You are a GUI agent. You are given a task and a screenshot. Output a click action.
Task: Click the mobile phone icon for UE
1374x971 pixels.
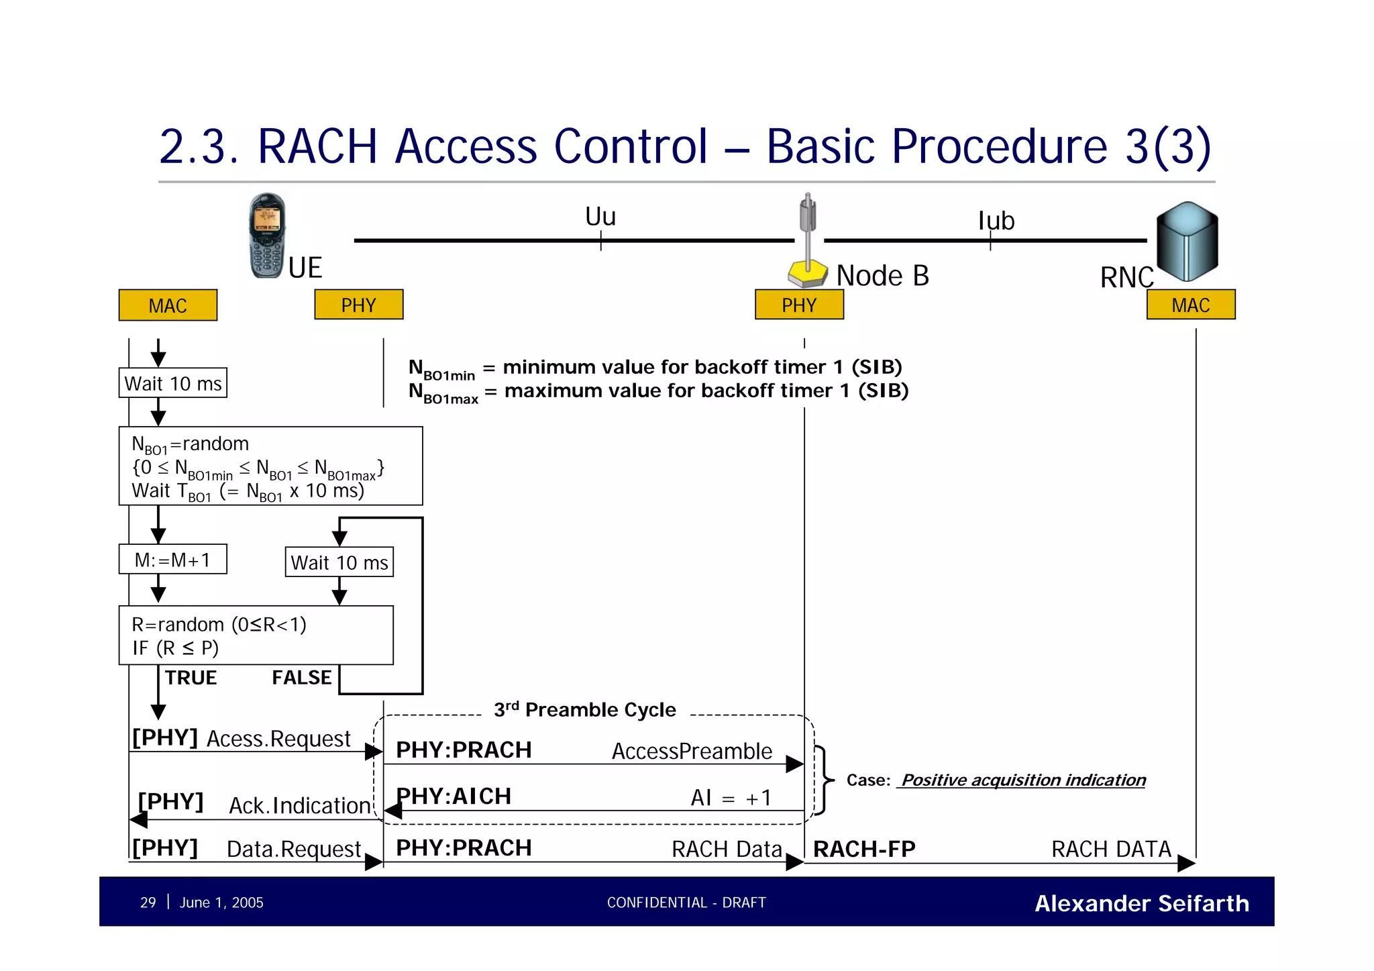[267, 236]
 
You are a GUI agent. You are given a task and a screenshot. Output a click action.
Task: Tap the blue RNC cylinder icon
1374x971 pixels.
[1187, 242]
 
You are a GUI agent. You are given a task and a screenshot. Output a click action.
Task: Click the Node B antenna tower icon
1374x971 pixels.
[808, 242]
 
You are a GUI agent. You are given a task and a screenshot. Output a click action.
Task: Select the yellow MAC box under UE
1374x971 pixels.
[168, 305]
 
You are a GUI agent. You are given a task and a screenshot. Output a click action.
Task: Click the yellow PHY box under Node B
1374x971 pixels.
[798, 305]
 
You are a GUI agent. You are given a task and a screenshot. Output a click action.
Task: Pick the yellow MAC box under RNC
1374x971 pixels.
[1190, 305]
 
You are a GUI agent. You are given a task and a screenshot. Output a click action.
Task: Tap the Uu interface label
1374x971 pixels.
[600, 217]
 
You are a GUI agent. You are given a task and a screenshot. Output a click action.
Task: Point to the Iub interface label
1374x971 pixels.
[996, 221]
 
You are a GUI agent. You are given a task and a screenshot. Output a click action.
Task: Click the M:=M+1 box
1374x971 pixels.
[172, 559]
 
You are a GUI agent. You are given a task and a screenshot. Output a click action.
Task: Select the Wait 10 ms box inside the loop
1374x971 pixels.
[339, 562]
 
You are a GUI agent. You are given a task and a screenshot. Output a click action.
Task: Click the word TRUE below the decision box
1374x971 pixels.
[191, 678]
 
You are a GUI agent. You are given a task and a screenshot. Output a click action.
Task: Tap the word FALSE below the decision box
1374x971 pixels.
[301, 678]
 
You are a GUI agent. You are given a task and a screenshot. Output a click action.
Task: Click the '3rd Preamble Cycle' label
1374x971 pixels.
[584, 709]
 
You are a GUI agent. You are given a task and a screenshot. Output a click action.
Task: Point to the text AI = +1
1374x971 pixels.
[731, 797]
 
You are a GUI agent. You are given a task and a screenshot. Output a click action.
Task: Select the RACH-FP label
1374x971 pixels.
[863, 849]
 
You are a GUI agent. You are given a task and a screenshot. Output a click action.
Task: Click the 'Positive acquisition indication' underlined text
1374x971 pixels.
[1022, 780]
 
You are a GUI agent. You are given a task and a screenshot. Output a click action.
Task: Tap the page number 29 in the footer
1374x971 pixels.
[148, 903]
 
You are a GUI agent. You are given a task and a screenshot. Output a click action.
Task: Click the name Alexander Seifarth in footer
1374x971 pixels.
[1141, 903]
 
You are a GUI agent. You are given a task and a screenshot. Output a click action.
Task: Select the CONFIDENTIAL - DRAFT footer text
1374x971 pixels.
[686, 903]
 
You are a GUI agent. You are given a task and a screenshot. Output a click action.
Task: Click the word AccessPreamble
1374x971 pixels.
[691, 751]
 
